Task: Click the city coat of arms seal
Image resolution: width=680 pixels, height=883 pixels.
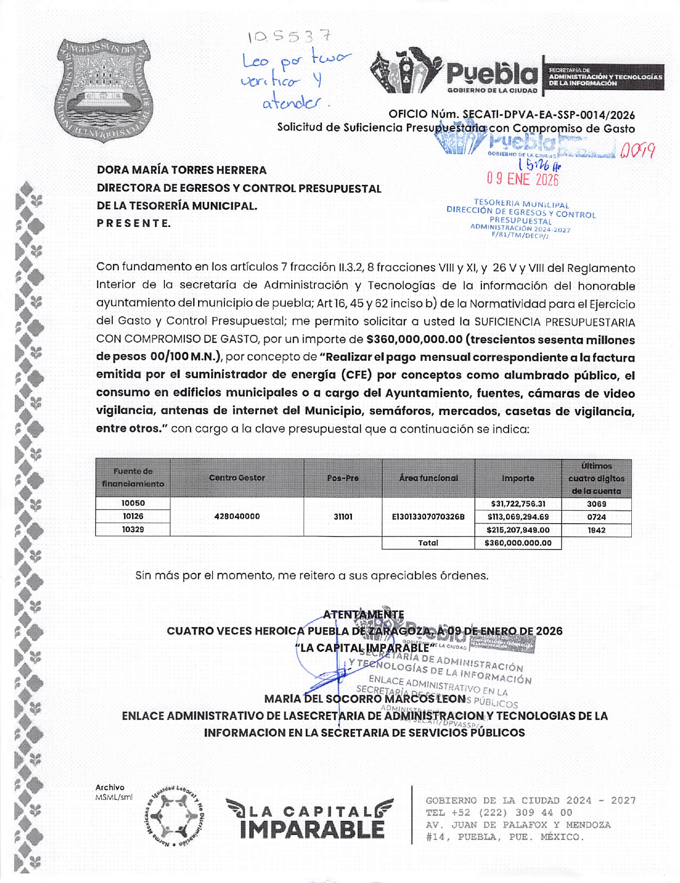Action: [x=104, y=90]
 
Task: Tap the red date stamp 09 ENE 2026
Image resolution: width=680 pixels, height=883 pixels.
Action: [x=522, y=179]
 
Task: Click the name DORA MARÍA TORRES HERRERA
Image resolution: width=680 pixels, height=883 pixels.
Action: [x=182, y=170]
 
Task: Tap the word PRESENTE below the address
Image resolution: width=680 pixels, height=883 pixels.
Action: [x=134, y=223]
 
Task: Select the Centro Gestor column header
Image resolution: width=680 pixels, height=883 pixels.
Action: [x=237, y=478]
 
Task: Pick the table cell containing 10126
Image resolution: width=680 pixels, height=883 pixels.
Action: [x=133, y=516]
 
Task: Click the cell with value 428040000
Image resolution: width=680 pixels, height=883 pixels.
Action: [x=237, y=516]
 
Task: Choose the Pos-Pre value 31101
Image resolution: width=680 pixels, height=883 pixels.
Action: [x=343, y=517]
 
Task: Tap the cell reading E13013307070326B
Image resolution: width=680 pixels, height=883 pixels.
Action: [x=428, y=517]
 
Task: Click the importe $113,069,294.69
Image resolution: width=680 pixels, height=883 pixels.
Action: [x=518, y=517]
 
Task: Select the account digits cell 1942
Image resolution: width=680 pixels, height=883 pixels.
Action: [x=596, y=530]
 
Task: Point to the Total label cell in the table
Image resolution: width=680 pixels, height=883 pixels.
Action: [x=428, y=543]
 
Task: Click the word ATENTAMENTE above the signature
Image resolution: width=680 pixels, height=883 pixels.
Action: [x=364, y=614]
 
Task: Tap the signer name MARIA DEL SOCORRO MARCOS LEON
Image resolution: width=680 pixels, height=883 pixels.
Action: [x=365, y=699]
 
